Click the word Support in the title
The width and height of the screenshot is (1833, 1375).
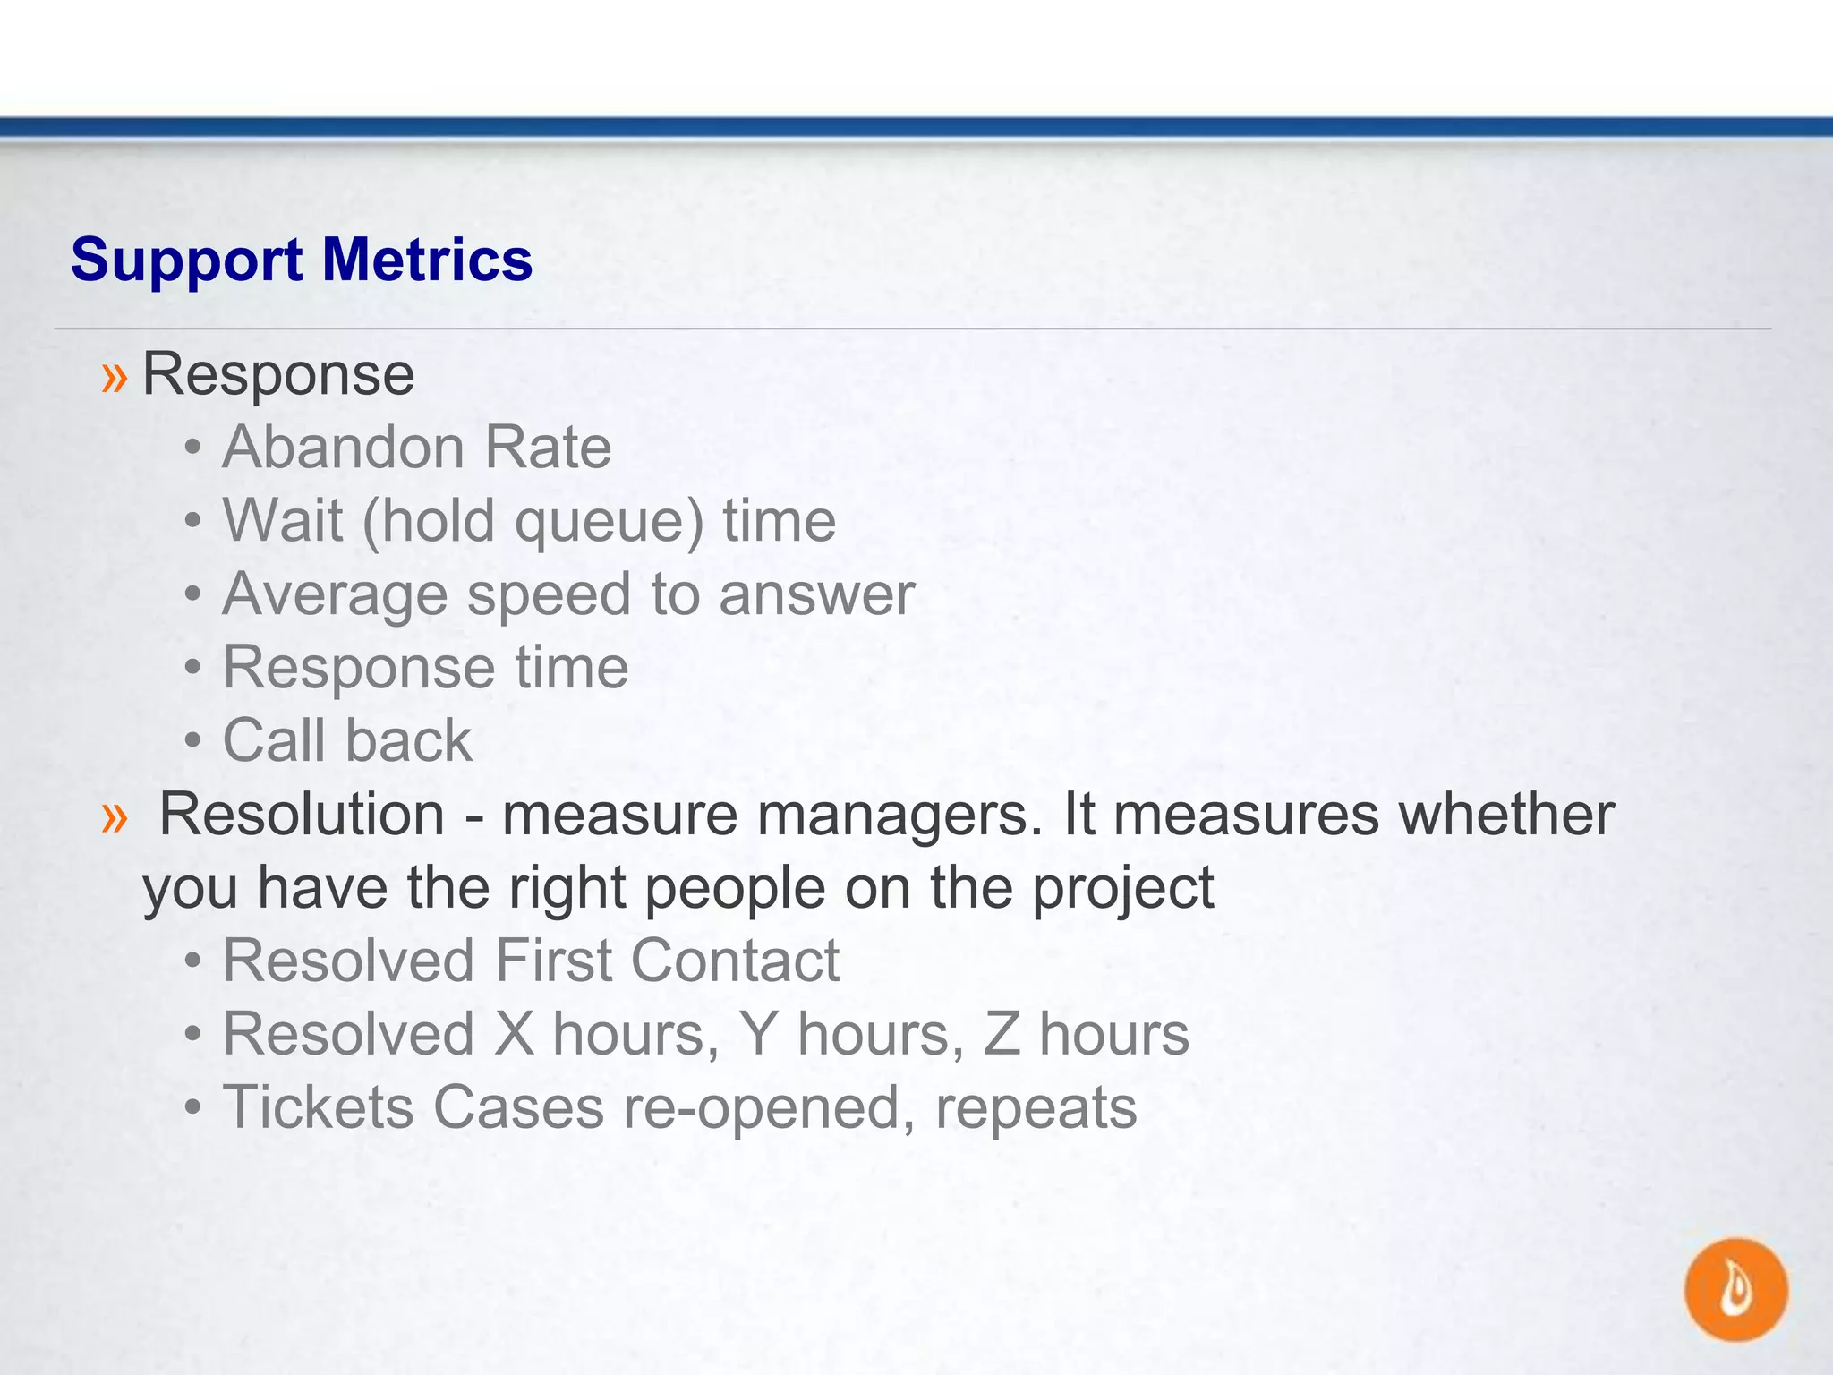tap(186, 261)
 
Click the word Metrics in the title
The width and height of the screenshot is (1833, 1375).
tap(427, 260)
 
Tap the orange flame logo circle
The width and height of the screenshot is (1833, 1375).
tap(1735, 1289)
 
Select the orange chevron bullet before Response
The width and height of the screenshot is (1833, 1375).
tap(115, 376)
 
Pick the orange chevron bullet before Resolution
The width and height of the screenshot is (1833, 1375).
tap(115, 816)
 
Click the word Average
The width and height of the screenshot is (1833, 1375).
tap(334, 596)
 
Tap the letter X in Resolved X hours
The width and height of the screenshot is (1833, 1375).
tap(514, 1034)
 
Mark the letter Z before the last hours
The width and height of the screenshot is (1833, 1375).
tap(1002, 1034)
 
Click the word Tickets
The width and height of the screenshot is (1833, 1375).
tap(318, 1107)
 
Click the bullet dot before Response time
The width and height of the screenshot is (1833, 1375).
tap(192, 668)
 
